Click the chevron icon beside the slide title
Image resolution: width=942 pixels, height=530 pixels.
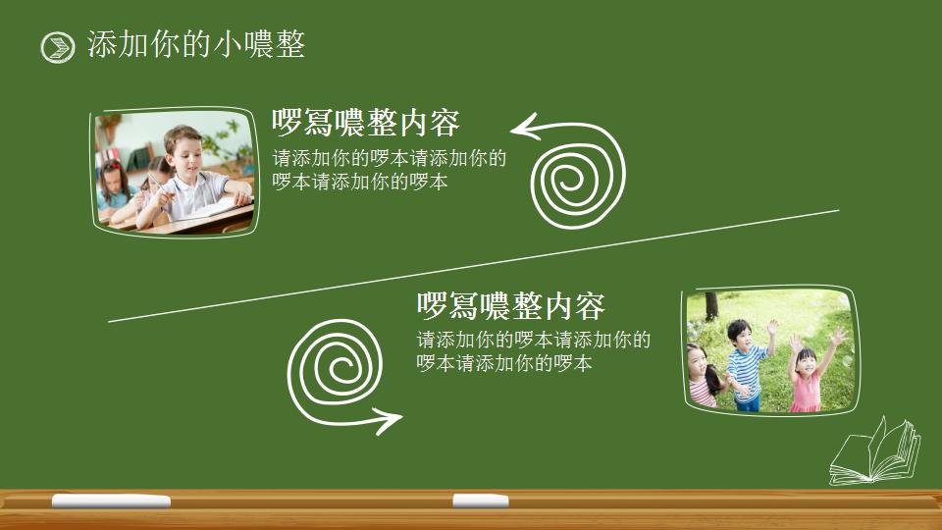coord(58,46)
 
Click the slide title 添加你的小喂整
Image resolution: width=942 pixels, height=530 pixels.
coord(196,44)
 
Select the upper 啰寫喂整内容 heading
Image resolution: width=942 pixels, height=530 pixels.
coord(366,123)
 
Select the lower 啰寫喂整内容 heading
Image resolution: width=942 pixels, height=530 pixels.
coord(510,306)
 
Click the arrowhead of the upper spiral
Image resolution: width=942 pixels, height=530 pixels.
coord(521,128)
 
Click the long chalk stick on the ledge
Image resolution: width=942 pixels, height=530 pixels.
coord(111,502)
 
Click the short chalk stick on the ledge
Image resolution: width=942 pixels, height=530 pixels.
coord(480,501)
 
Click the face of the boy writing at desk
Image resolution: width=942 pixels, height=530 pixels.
coord(183,148)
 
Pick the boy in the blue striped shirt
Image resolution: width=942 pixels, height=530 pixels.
coord(747,363)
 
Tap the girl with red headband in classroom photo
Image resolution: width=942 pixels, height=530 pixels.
coord(113,183)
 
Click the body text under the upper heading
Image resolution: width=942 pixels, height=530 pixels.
coord(390,170)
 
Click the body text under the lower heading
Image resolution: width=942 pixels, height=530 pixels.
coord(533,351)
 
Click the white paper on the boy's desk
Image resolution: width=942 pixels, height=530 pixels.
coord(211,207)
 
